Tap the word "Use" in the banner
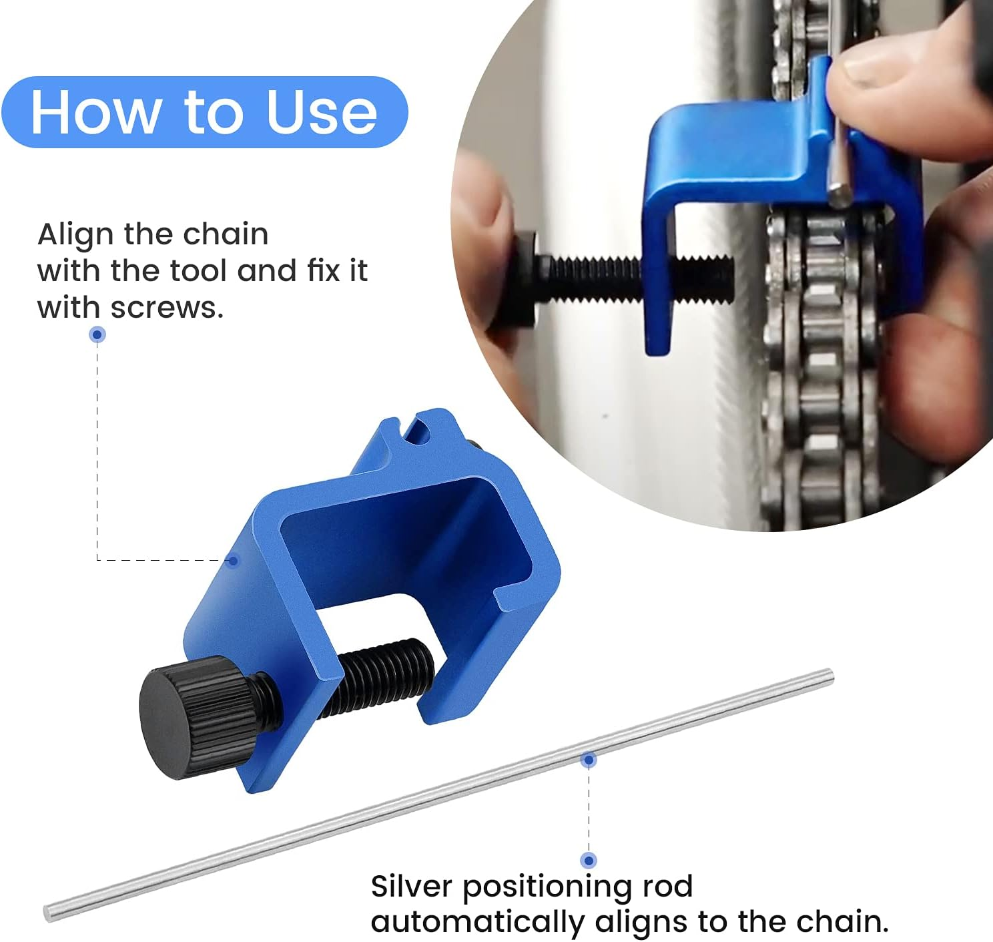point(322,112)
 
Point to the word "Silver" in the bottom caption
point(412,887)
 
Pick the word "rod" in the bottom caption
point(667,887)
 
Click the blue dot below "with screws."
point(97,334)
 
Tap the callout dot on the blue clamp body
point(233,560)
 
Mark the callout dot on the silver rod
point(589,760)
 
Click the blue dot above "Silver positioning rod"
point(589,860)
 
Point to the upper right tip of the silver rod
point(829,676)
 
